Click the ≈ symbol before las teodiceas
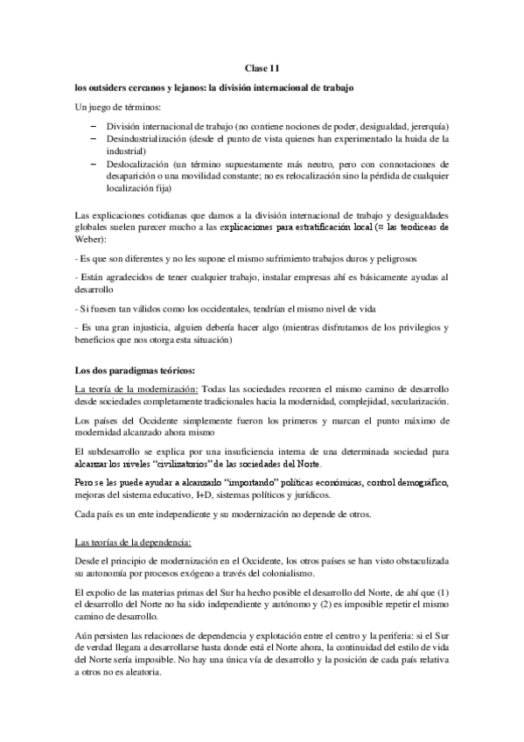tap(377, 226)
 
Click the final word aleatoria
tap(132, 676)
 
